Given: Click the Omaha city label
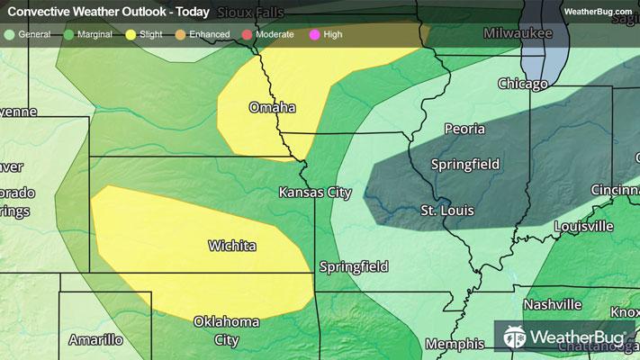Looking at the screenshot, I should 272,108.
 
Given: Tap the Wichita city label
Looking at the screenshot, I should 231,246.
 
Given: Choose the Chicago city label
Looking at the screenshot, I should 523,85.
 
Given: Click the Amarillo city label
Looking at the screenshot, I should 95,340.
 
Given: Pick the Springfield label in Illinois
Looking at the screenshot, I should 464,165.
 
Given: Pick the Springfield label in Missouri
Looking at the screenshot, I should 355,266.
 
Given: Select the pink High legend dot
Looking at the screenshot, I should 315,34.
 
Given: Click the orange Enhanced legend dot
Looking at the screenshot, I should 180,34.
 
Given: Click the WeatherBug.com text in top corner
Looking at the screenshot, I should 599,12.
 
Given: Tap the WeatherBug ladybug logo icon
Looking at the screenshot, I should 517,337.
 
